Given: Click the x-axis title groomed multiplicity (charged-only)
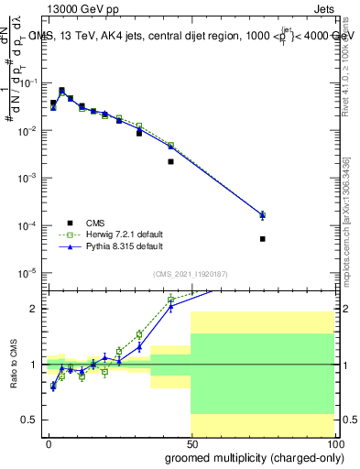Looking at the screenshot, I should click(250, 456).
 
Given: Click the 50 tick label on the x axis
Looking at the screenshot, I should click(191, 443).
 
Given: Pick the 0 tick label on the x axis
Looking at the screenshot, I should click(48, 443).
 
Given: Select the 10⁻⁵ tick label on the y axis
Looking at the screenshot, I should click(28, 272).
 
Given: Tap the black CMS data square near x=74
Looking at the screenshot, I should click(262, 239).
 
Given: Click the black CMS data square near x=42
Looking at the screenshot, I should click(170, 161).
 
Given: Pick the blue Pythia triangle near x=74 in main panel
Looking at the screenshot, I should click(262, 215).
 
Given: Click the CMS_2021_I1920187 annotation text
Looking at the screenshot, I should click(191, 273).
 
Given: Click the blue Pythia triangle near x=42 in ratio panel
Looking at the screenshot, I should click(170, 307).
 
